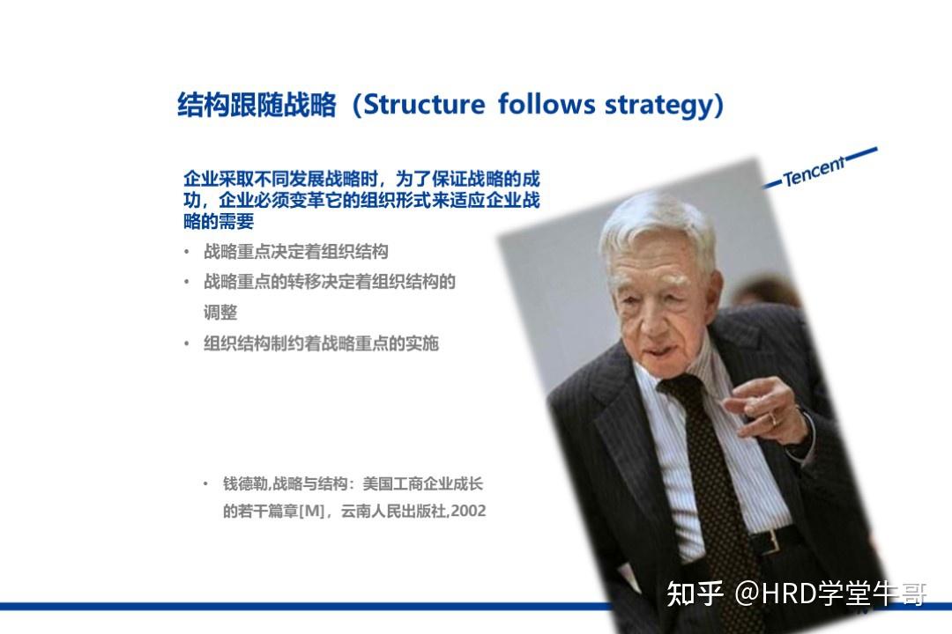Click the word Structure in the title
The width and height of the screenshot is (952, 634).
[x=424, y=105]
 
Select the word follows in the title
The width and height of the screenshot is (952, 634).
[x=547, y=104]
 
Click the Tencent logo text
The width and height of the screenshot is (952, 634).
[x=814, y=171]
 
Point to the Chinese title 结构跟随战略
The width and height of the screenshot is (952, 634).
[x=257, y=105]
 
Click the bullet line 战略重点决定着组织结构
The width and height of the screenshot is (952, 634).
[x=295, y=251]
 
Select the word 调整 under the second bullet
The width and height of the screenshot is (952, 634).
[x=220, y=313]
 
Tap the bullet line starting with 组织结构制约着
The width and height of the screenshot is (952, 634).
[x=321, y=343]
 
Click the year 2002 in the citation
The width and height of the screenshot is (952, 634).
[x=468, y=511]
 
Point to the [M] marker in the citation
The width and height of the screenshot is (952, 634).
[x=311, y=511]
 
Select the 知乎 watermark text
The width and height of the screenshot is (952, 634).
[x=695, y=593]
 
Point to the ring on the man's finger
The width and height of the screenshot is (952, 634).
[x=772, y=418]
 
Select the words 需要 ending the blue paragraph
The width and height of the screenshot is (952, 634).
[x=236, y=221]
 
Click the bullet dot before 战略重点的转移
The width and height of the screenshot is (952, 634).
[x=186, y=282]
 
